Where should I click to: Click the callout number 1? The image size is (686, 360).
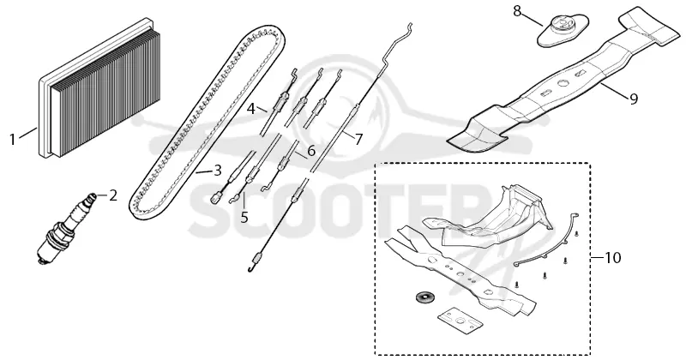pyautogui.click(x=12, y=140)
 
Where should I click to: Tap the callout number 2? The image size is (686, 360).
pyautogui.click(x=113, y=195)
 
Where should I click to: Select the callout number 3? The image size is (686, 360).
pyautogui.click(x=218, y=171)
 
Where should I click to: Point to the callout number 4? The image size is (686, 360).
pyautogui.click(x=251, y=108)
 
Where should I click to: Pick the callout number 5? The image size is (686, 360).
pyautogui.click(x=244, y=217)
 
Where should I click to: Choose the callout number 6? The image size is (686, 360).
pyautogui.click(x=311, y=151)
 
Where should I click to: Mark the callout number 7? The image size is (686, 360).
pyautogui.click(x=358, y=140)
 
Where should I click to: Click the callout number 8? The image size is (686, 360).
pyautogui.click(x=517, y=11)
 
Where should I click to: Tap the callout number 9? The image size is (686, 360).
pyautogui.click(x=634, y=99)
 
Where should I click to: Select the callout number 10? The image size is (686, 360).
pyautogui.click(x=613, y=258)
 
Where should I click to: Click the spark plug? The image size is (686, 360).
pyautogui.click(x=66, y=227)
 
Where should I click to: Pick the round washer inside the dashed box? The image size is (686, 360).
pyautogui.click(x=422, y=297)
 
